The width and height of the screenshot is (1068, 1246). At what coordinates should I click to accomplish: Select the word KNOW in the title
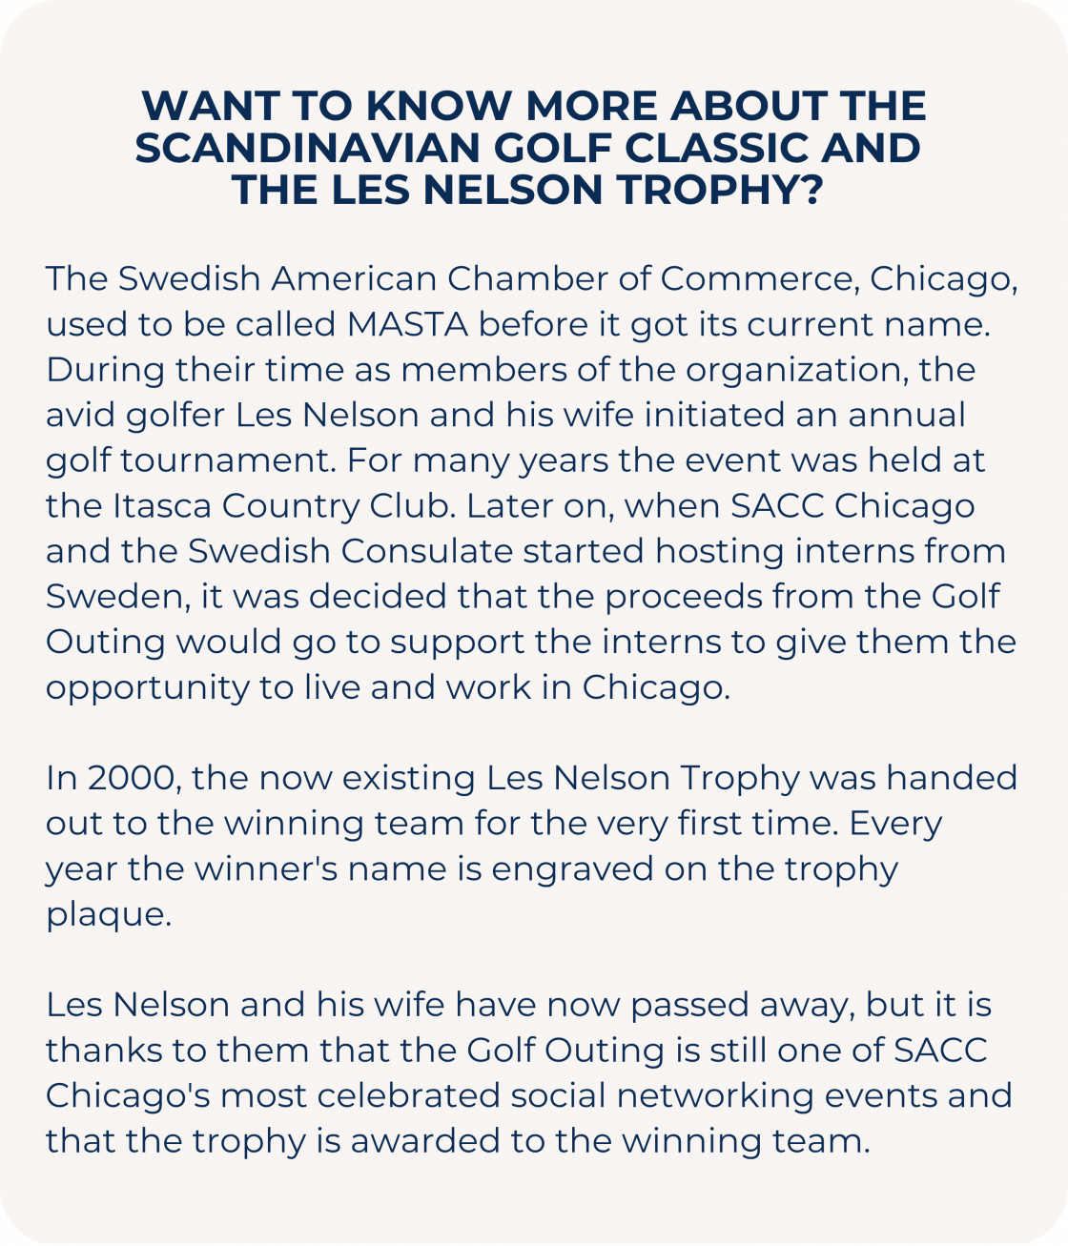click(x=441, y=106)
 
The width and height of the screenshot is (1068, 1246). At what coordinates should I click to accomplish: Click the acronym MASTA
click(x=407, y=324)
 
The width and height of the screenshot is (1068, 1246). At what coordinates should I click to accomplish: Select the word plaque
click(x=108, y=914)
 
